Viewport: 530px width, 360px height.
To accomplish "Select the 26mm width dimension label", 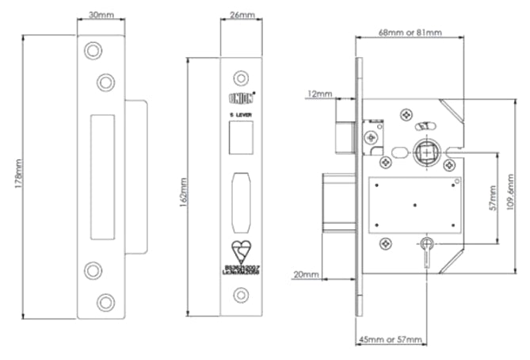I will click(x=241, y=14).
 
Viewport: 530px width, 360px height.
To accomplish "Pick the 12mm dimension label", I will click(x=319, y=94).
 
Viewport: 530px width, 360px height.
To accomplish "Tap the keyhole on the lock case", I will click(x=428, y=243).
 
